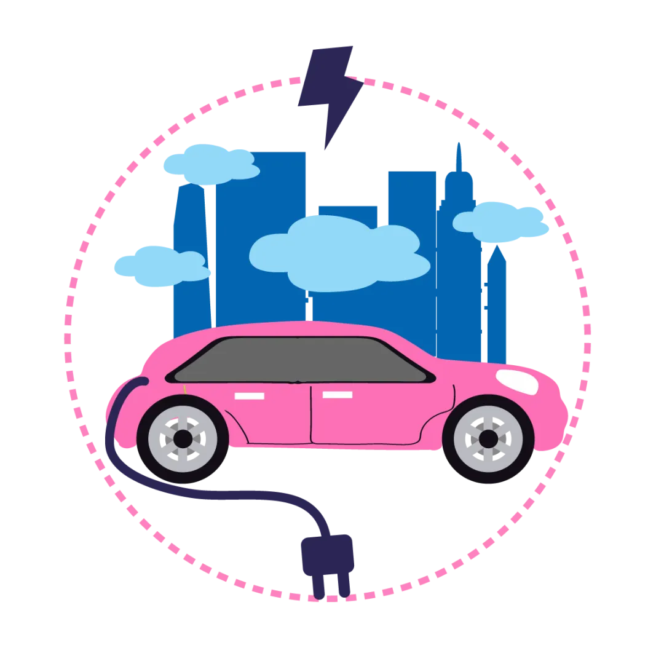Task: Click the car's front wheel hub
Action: [x=488, y=439]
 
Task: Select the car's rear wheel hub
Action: [x=183, y=439]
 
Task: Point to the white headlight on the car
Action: [x=518, y=381]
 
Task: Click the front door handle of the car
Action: [x=338, y=395]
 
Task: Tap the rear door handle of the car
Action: [x=249, y=396]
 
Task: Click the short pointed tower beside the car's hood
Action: [x=497, y=295]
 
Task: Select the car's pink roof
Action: [x=295, y=329]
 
